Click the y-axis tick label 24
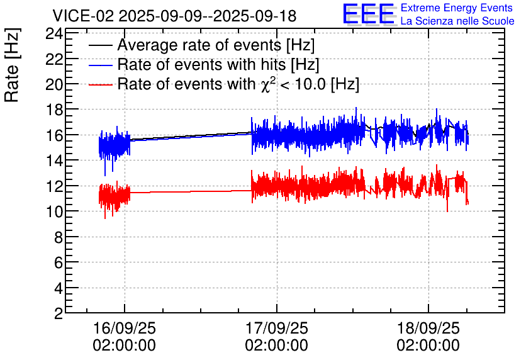click(54, 33)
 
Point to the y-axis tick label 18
click(54, 110)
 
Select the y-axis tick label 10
click(54, 211)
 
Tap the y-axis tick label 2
click(59, 313)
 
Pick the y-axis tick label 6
click(59, 262)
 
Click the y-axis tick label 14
click(54, 160)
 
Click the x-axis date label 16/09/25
click(125, 328)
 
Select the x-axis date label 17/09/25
click(276, 328)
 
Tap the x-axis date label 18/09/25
click(428, 328)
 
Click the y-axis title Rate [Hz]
click(12, 65)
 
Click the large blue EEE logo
click(369, 14)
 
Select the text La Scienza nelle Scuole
click(457, 21)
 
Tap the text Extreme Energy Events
click(457, 8)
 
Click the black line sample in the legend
click(100, 45)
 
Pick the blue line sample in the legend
click(100, 65)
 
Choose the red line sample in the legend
click(100, 84)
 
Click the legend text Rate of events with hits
click(201, 64)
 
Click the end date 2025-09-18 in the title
click(255, 16)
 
